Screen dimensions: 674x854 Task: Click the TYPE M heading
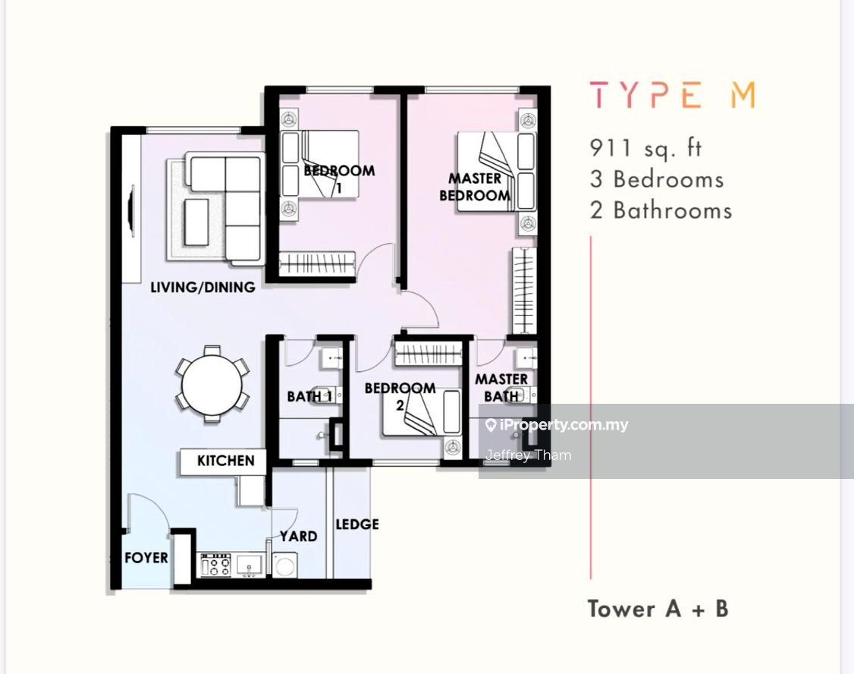coord(673,96)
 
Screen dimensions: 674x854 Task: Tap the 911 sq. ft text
coord(645,147)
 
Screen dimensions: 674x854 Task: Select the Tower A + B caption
coord(658,609)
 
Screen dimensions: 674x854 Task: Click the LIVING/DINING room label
coord(203,287)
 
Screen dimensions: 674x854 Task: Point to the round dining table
coord(212,384)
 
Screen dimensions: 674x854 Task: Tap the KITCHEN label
coord(225,461)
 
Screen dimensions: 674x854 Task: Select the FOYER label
coord(146,558)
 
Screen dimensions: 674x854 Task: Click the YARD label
coord(298,536)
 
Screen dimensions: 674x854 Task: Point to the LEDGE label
coord(357,524)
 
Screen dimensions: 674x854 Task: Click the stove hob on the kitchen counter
coord(215,564)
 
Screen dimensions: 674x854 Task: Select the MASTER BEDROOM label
coord(475,187)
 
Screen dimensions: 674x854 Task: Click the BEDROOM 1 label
coord(339,178)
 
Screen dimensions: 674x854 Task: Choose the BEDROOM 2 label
coord(400,395)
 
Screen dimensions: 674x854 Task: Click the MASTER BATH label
coord(501,387)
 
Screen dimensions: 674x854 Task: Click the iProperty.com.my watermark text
coord(564,425)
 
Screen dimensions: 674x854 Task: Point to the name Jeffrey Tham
coord(529,455)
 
